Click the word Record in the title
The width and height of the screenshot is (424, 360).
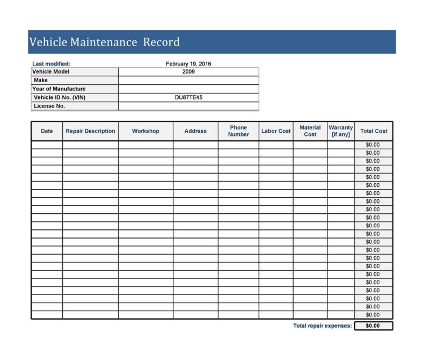pyautogui.click(x=162, y=42)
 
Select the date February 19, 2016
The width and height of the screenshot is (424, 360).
pyautogui.click(x=188, y=63)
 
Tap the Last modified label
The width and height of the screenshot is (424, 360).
pyautogui.click(x=52, y=63)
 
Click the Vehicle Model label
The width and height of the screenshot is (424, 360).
pyautogui.click(x=51, y=71)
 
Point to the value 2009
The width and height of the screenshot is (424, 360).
pyautogui.click(x=188, y=71)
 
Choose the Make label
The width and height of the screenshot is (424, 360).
pyautogui.click(x=41, y=80)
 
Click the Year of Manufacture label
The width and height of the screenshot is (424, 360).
pyautogui.click(x=59, y=89)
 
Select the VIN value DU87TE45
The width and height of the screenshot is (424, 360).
pyautogui.click(x=188, y=97)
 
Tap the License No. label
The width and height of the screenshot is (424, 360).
pyautogui.click(x=49, y=106)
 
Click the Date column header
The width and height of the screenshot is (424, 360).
pyautogui.click(x=47, y=131)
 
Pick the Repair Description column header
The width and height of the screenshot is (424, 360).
pyautogui.click(x=90, y=131)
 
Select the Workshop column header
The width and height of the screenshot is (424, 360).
pyautogui.click(x=145, y=131)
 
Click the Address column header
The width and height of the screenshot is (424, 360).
pyautogui.click(x=195, y=131)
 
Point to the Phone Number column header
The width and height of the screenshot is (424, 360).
pyautogui.click(x=238, y=131)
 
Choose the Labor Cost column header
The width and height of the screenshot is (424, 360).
pyautogui.click(x=276, y=131)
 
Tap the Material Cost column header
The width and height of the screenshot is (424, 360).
pyautogui.click(x=310, y=131)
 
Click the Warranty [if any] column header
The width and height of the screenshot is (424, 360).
pyautogui.click(x=341, y=131)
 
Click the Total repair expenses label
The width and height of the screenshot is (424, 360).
pyautogui.click(x=323, y=326)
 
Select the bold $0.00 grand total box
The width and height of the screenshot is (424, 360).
pyautogui.click(x=373, y=326)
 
